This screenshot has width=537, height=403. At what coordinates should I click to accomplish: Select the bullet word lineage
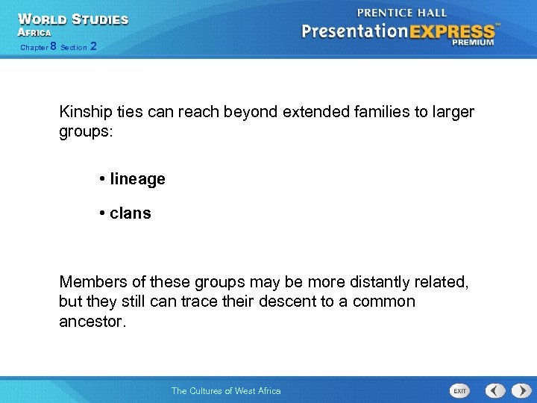click(137, 179)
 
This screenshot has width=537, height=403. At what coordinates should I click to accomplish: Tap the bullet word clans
click(130, 213)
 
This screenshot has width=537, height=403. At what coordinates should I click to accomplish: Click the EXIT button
click(459, 390)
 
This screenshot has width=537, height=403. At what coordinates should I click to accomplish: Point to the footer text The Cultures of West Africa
click(226, 390)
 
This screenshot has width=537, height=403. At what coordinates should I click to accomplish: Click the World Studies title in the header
click(73, 19)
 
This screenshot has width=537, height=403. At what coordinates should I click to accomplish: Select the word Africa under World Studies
click(34, 33)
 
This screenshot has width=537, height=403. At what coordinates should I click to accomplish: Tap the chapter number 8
click(53, 47)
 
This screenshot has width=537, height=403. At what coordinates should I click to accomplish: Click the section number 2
click(92, 47)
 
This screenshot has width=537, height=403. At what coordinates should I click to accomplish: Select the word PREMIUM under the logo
click(472, 43)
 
